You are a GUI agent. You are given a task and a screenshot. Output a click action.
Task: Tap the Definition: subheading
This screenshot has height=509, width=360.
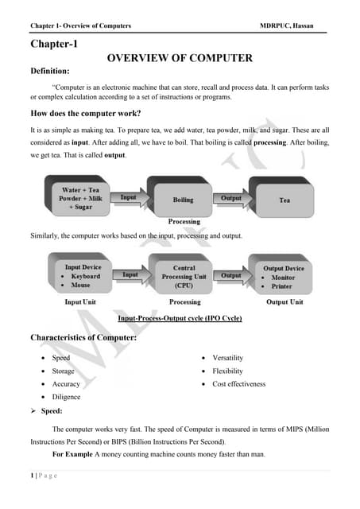[55, 72]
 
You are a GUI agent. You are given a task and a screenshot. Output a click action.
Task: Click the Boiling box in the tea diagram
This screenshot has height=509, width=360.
[184, 200]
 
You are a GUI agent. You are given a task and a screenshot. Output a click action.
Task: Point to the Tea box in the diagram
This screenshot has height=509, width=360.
[285, 200]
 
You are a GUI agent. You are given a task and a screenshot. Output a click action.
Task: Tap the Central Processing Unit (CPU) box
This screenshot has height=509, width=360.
[184, 276]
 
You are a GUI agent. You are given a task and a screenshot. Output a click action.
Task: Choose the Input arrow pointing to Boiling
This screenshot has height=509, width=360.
[129, 196]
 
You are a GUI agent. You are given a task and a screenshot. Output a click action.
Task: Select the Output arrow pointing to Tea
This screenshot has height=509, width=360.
[231, 197]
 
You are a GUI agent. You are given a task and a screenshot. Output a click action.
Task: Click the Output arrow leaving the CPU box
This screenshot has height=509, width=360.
[231, 275]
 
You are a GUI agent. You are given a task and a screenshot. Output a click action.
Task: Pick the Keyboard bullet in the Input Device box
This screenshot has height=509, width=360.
[81, 277]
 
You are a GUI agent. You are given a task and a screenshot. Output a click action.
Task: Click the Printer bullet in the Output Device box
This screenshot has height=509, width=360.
[282, 287]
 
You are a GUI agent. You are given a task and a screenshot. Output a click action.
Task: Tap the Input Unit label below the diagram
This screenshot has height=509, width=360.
[82, 302]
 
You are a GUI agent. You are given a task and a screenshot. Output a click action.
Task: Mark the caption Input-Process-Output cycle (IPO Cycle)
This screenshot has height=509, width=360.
[180, 318]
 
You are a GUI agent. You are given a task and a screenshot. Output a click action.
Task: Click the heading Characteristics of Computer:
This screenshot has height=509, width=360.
[83, 338]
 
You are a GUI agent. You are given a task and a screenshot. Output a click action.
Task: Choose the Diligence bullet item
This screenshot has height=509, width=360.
[66, 396]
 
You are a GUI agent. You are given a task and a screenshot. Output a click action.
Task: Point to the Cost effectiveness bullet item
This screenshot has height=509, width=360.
[239, 383]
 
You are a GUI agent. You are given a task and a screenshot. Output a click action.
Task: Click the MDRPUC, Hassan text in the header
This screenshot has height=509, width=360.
[287, 26]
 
